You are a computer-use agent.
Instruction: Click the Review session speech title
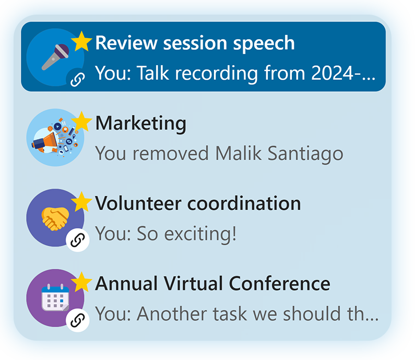[195, 43]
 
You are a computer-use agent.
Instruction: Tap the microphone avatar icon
[55, 57]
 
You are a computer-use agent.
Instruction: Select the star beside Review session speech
[81, 41]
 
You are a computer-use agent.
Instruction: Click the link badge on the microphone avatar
[78, 79]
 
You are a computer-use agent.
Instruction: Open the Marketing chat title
[141, 124]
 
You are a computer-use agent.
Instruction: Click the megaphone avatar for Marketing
[55, 138]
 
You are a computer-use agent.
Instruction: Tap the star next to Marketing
[81, 122]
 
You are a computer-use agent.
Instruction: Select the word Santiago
[305, 154]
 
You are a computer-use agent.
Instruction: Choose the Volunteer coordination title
[198, 203]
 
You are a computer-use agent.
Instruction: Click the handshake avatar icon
[55, 218]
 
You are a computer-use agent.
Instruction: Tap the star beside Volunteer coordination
[81, 202]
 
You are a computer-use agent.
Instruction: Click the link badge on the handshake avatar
[78, 240]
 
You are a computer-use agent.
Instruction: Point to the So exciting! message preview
[165, 234]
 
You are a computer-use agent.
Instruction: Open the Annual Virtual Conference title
[213, 284]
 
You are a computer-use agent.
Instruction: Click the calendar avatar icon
[55, 298]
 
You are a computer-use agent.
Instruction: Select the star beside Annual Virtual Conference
[81, 282]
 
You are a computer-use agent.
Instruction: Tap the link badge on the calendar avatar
[78, 320]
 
